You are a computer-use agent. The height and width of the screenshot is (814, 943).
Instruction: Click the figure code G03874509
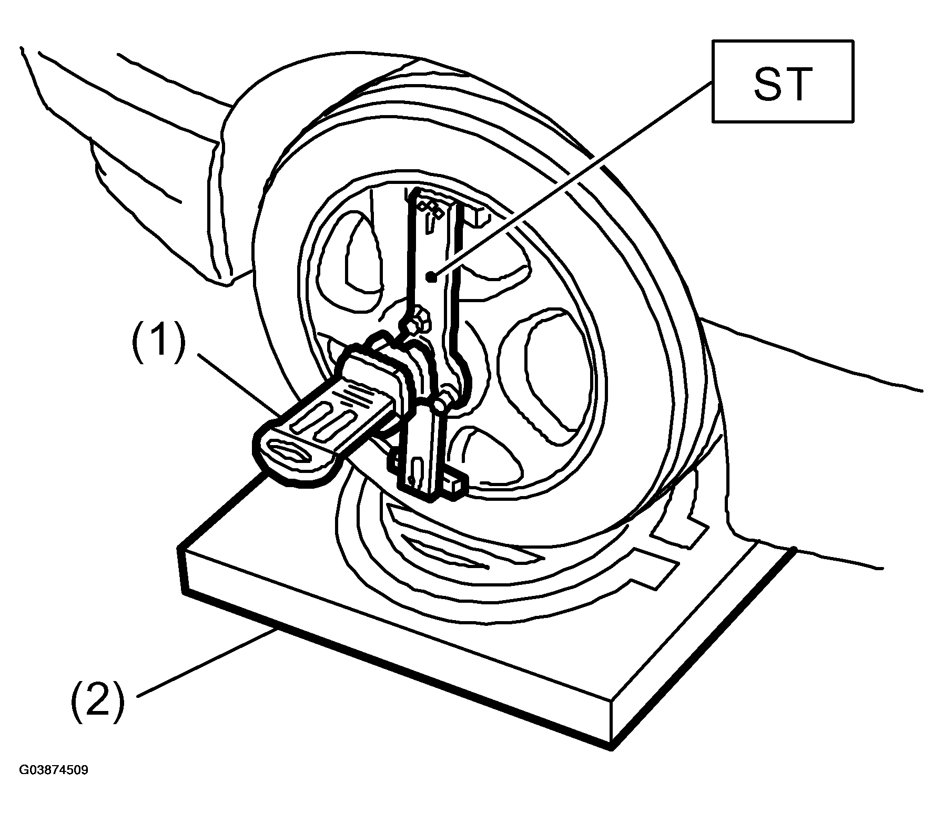(x=54, y=770)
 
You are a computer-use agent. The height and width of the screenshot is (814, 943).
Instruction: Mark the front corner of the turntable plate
(x=611, y=749)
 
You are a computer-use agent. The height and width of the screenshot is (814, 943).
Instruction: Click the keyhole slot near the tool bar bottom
(x=416, y=467)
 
